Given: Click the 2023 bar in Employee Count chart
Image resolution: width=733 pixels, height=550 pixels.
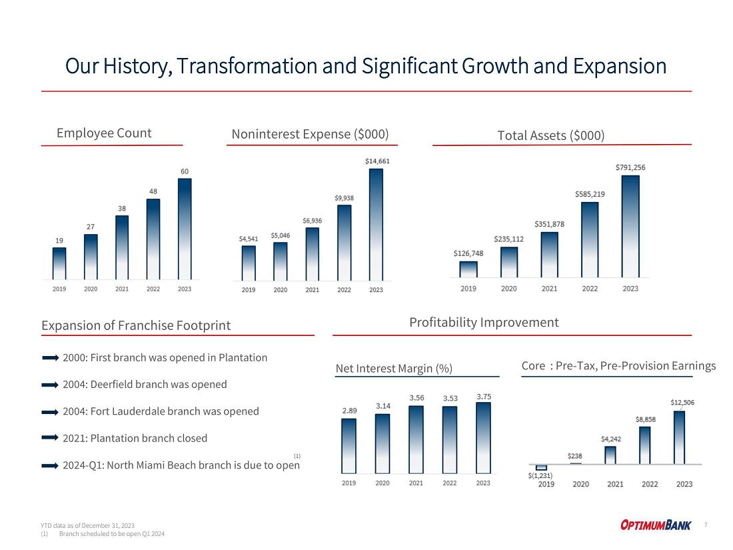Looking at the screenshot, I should [x=185, y=228].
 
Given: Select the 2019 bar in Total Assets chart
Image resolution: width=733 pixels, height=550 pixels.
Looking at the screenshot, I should [x=468, y=269].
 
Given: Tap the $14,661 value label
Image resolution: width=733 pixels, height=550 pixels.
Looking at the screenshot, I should [x=377, y=161].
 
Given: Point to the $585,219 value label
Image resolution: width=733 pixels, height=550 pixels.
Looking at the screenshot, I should [x=590, y=194].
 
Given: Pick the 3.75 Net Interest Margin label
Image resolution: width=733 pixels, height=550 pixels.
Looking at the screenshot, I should [x=483, y=397].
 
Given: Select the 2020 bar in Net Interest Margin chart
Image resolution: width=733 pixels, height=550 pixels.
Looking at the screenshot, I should [x=382, y=445].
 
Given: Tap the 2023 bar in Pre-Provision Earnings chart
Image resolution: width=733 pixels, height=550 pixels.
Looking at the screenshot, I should [x=679, y=437].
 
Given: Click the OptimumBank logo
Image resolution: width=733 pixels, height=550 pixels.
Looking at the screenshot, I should [x=656, y=525].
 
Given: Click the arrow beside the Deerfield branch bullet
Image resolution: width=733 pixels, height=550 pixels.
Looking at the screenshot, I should [x=50, y=385].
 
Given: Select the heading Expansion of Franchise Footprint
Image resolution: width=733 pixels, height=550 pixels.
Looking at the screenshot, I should [x=136, y=325].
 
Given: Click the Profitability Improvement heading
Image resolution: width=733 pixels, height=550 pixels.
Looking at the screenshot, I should [x=484, y=323].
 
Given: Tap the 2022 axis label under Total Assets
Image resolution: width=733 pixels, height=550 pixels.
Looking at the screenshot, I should [x=590, y=289].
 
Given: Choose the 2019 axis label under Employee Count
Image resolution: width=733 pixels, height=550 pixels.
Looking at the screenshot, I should [x=59, y=289].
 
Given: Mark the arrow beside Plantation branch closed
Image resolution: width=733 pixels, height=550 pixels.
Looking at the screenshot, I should [x=50, y=439].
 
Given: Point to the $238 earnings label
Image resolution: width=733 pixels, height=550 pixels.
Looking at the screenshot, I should [x=575, y=456].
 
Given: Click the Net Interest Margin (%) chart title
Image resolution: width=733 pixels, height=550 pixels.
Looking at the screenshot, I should [x=394, y=368].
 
